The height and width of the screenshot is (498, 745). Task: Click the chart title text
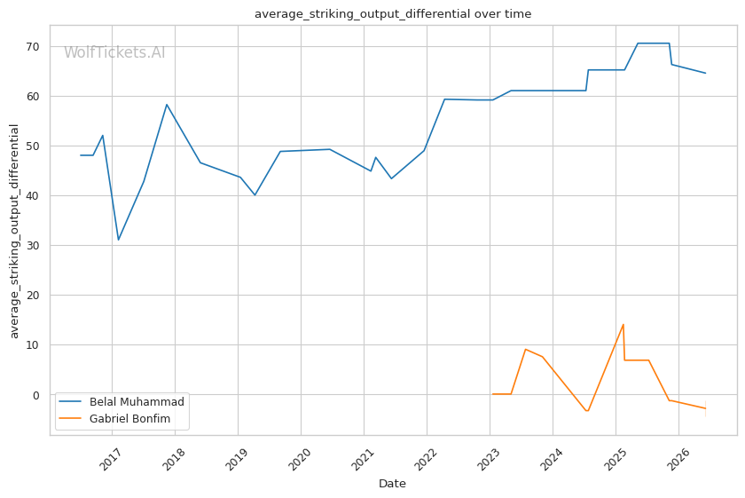point(393,14)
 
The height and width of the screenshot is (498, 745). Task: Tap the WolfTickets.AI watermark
point(114,52)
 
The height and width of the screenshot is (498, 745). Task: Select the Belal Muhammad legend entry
point(122,402)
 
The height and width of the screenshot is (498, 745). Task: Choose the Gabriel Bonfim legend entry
point(114,419)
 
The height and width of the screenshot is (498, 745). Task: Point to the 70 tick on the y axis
point(33,47)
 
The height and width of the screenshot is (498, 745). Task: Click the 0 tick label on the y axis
point(36,395)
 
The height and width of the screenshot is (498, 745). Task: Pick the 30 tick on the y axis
point(33,245)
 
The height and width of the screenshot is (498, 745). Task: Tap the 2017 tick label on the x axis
point(112,459)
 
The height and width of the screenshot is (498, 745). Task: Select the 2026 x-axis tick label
point(678,459)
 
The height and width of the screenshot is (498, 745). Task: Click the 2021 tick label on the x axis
point(364,459)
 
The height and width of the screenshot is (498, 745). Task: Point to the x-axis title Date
point(392,484)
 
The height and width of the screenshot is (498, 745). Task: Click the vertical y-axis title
point(14,231)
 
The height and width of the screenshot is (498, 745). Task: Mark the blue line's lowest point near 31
point(118,240)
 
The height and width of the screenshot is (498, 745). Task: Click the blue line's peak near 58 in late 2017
point(167,104)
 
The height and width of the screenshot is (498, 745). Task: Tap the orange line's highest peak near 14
point(623,324)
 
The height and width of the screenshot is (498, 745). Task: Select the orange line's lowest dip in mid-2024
point(588,411)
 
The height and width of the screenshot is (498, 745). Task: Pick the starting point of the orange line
point(493,394)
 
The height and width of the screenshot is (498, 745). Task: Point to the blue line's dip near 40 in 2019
point(255,195)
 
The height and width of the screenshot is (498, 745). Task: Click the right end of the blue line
point(706,74)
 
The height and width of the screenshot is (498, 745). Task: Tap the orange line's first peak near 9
point(525,349)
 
